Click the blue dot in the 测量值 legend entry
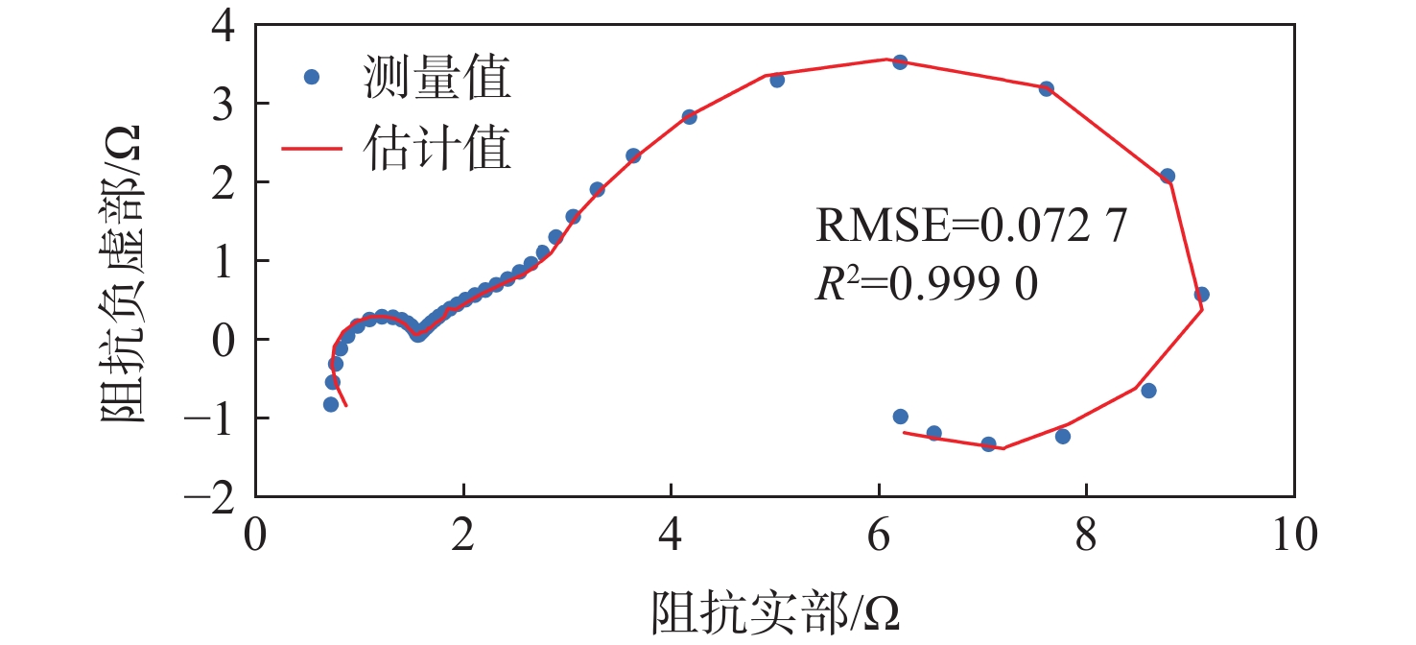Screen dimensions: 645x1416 tap(311, 77)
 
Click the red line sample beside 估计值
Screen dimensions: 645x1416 tap(311, 149)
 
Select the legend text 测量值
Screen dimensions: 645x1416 tap(436, 78)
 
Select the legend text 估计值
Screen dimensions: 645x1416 tap(436, 149)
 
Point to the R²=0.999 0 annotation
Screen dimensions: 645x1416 tap(926, 285)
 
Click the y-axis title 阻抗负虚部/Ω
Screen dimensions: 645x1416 tap(123, 274)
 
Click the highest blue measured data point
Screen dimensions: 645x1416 tap(900, 62)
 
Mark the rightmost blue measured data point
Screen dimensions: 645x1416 tap(1201, 295)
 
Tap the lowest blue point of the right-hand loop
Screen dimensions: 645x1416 tap(988, 443)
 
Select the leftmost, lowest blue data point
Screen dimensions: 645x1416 tap(331, 404)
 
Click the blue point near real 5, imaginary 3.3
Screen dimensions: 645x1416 tap(777, 80)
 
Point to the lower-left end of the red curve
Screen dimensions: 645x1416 tap(345, 406)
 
